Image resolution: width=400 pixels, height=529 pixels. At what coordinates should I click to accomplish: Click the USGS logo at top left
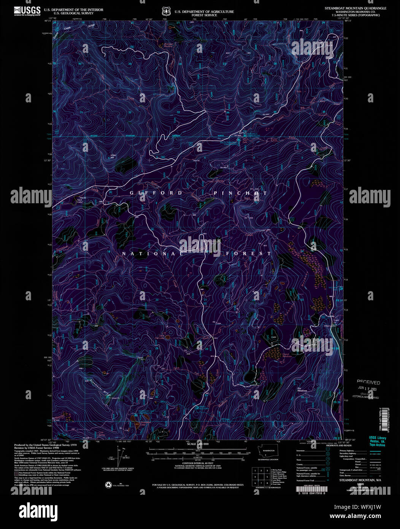27,11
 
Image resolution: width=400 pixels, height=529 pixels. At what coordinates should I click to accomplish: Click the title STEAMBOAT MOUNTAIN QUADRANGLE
355,8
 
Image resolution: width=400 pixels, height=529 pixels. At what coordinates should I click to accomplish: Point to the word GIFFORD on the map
156,193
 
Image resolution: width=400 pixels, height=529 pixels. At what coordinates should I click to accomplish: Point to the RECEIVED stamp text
368,382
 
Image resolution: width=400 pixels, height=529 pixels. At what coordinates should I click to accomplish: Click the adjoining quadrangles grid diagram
261,476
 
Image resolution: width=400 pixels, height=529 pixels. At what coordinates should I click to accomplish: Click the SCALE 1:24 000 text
198,444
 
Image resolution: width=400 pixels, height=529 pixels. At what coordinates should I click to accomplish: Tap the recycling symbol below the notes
108,484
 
